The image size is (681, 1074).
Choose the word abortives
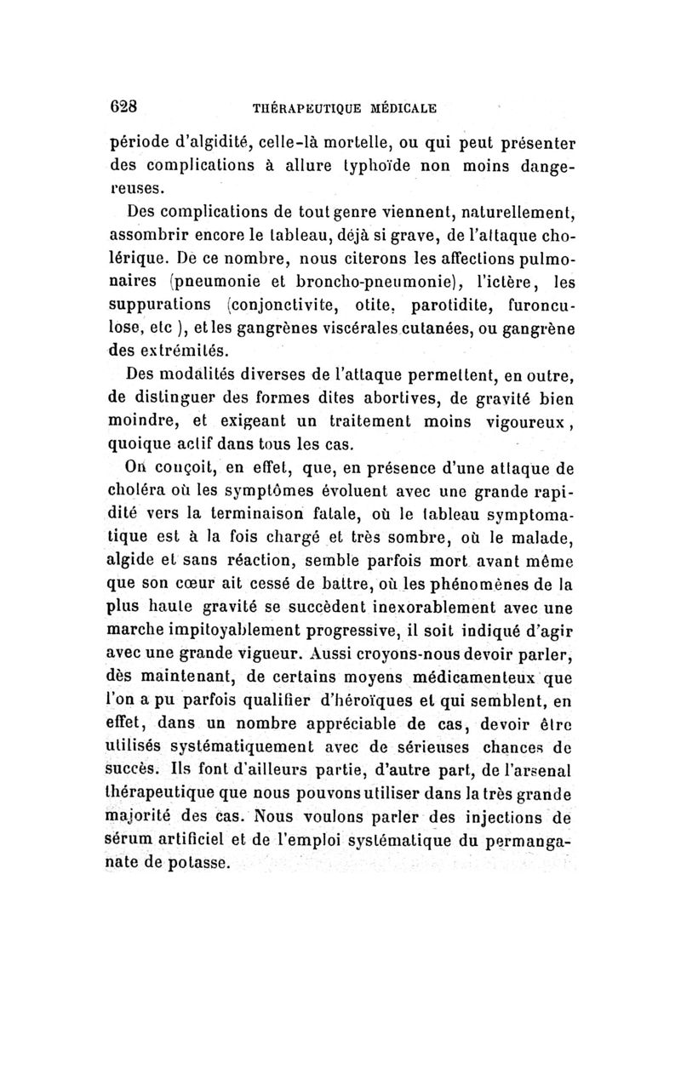coord(382,395)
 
